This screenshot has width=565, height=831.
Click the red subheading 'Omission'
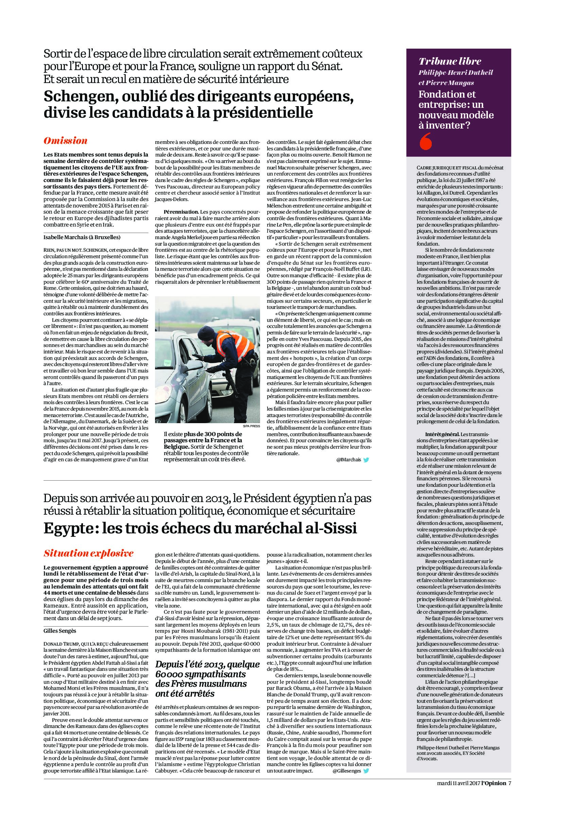coord(65,141)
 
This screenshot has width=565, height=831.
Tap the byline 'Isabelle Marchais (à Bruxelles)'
coord(82,237)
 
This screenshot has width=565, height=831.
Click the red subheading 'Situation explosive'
coord(88,553)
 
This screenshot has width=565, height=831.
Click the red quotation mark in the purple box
coord(426,141)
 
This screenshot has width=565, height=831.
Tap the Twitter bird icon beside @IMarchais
coord(365,460)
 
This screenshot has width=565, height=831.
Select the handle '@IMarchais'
coord(348,461)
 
